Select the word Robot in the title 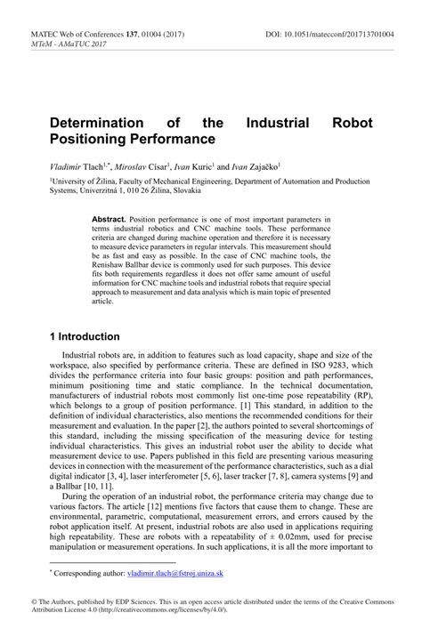pos(350,122)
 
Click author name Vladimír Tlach pos(76,165)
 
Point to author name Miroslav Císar pos(135,165)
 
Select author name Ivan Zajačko pos(255,165)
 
